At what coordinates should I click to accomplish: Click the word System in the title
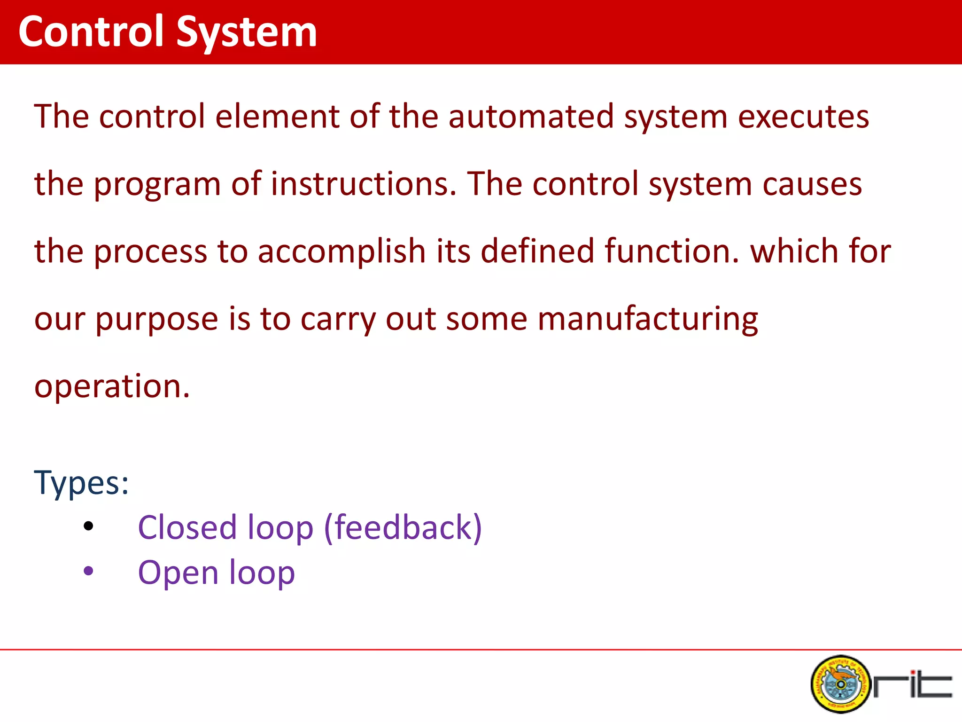coord(247,33)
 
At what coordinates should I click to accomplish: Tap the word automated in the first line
coord(531,117)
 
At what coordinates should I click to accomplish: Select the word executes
coord(803,117)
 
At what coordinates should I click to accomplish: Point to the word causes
coord(812,184)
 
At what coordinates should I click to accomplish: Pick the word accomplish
coord(341,251)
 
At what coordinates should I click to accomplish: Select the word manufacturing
coord(647,319)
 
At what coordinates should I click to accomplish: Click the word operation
coord(112,386)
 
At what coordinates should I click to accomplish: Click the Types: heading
coord(81,483)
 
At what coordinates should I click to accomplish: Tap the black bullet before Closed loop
coord(88,526)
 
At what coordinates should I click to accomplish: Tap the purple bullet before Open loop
coord(88,572)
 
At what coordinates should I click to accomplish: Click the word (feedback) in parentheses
coord(403,528)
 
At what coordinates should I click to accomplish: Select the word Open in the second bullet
coord(178,573)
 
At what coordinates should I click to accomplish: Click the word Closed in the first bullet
coord(186,527)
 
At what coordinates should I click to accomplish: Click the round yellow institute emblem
coord(840,684)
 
